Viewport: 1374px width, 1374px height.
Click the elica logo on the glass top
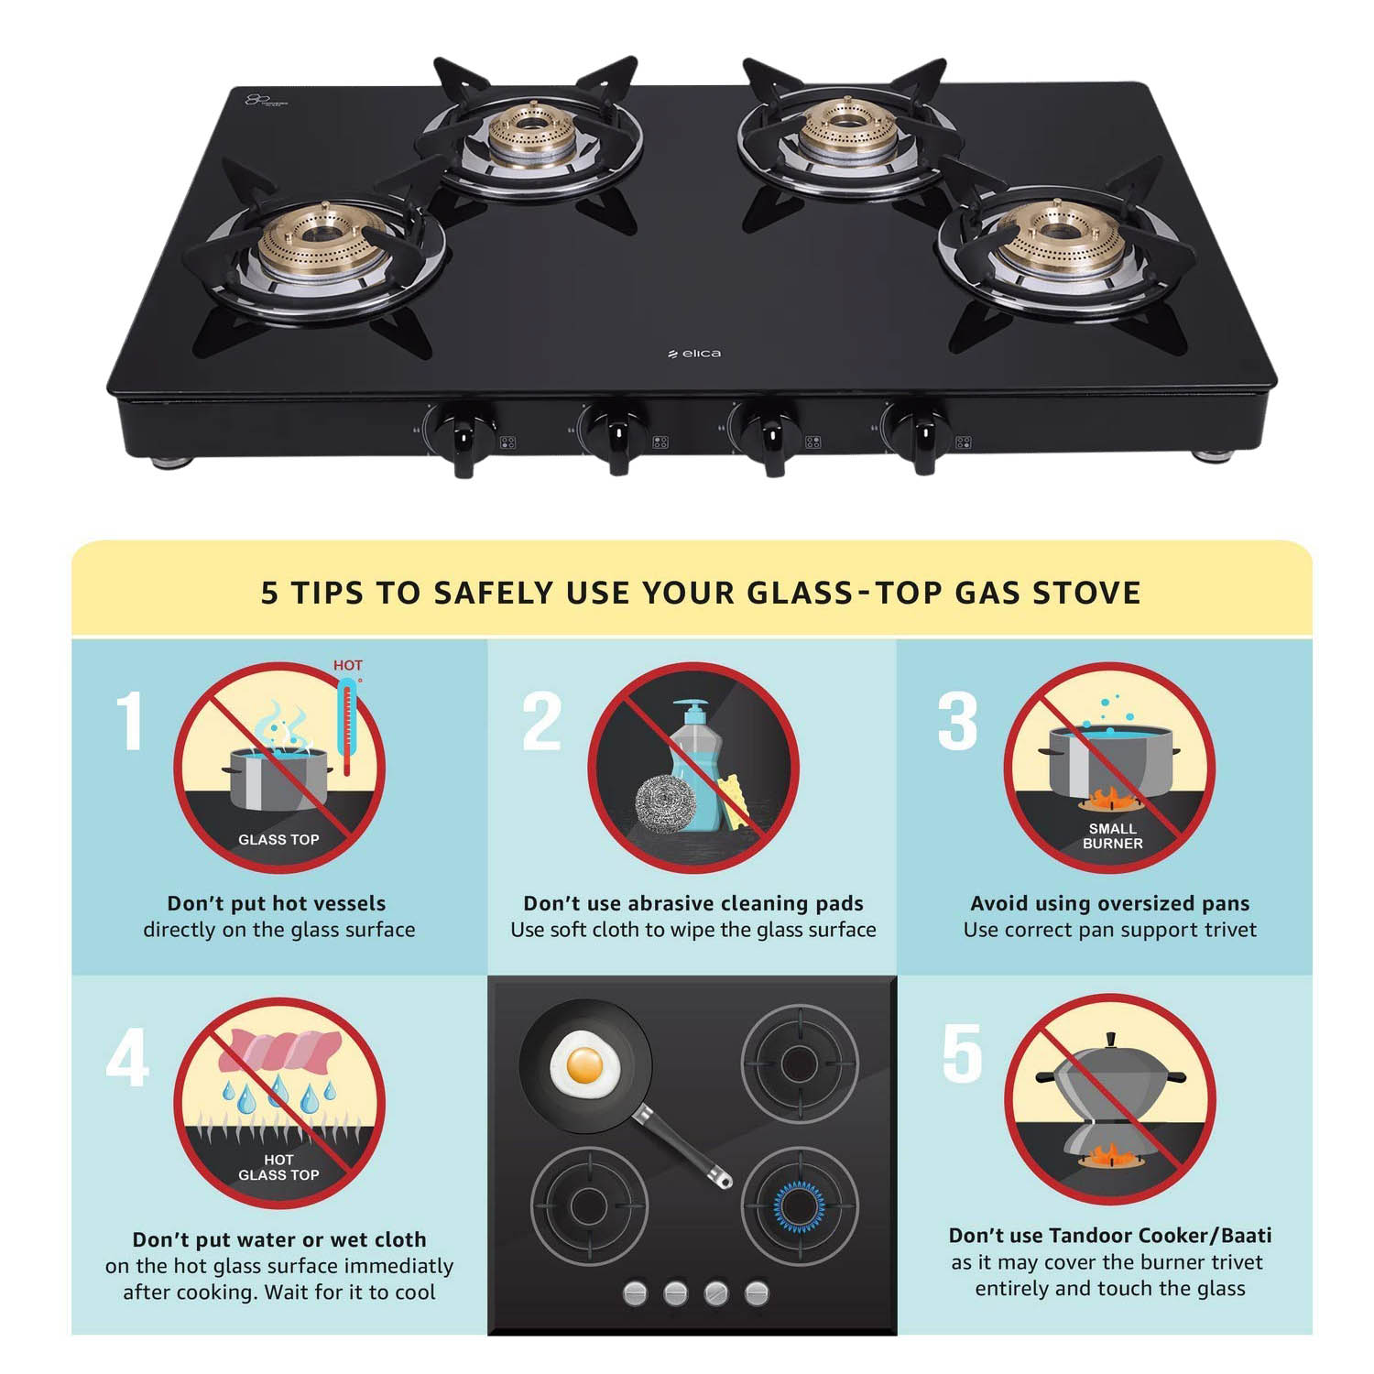(x=695, y=354)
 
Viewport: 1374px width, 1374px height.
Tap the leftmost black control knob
(x=463, y=436)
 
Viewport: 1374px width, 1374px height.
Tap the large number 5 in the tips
(x=962, y=1053)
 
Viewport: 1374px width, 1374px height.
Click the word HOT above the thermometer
(x=347, y=665)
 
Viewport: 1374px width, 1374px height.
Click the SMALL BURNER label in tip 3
(x=1112, y=835)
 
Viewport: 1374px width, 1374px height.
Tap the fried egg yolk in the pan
(x=584, y=1065)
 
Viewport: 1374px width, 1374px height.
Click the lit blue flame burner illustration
(x=799, y=1204)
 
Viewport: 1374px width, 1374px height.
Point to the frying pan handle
(x=682, y=1145)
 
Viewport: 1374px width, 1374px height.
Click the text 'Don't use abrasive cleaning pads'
(x=692, y=903)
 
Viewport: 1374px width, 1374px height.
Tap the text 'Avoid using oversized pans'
(x=1109, y=903)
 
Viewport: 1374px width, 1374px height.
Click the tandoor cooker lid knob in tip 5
(x=1110, y=1040)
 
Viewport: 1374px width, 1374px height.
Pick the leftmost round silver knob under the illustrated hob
(x=635, y=1293)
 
